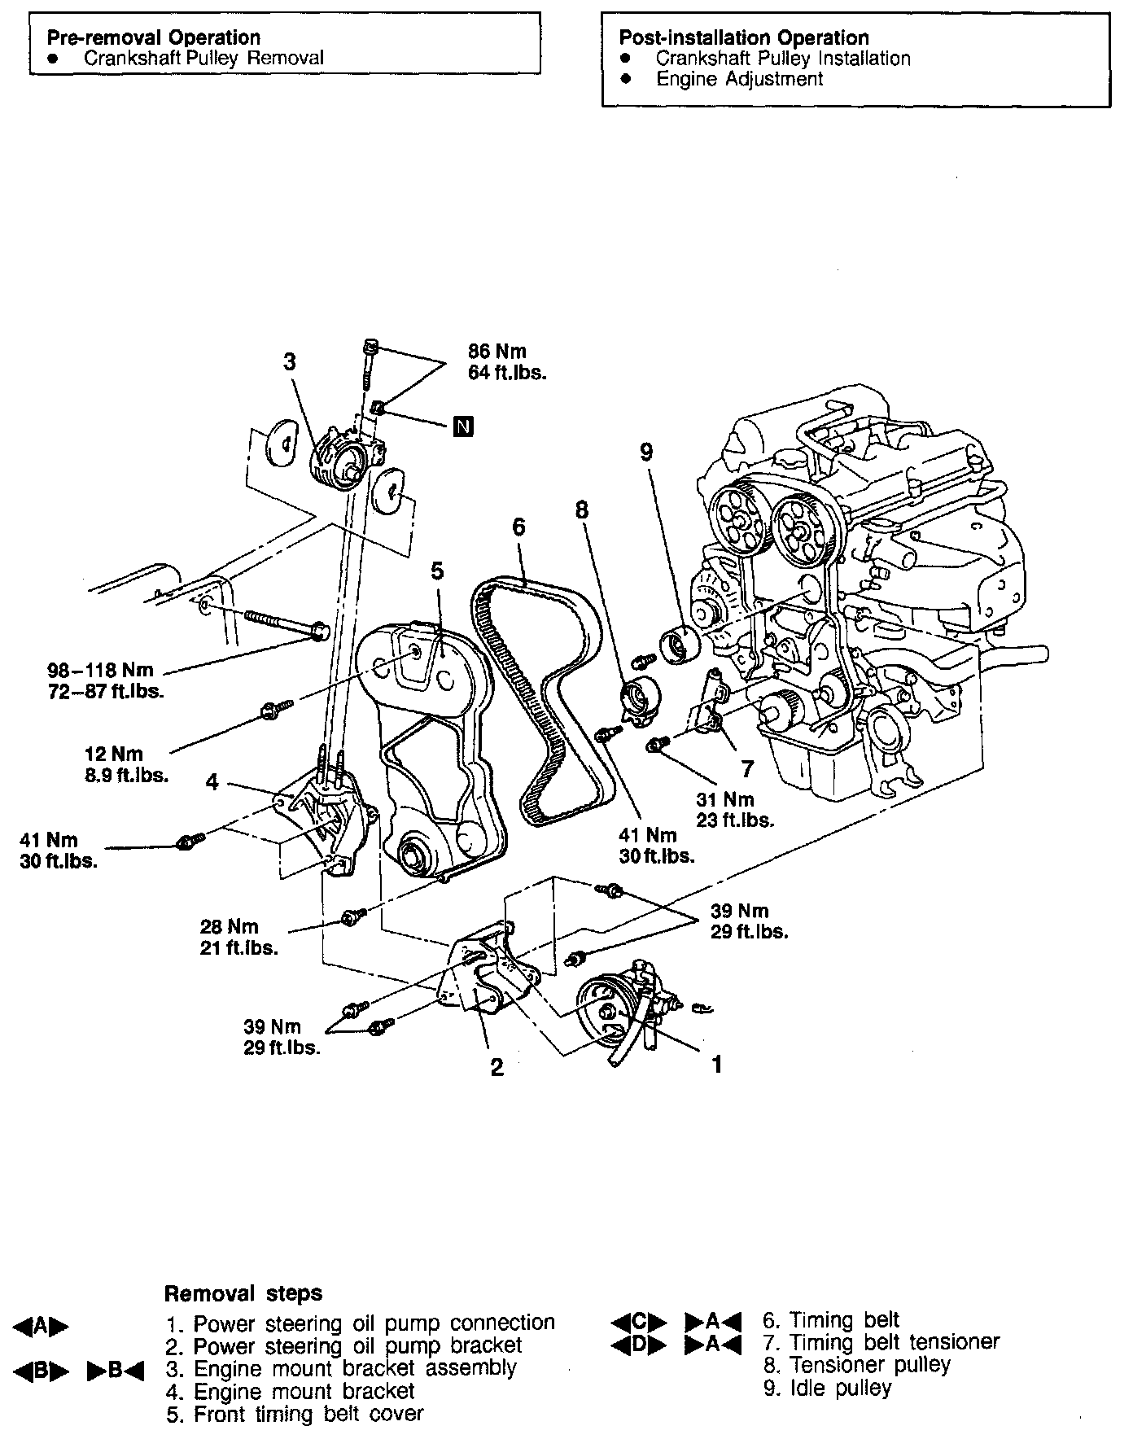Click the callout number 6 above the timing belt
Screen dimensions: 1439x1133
coord(518,527)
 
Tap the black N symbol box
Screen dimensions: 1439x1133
coord(463,426)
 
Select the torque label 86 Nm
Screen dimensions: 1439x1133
coord(497,352)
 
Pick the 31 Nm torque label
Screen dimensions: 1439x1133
coord(724,799)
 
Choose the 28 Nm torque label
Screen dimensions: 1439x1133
coord(229,926)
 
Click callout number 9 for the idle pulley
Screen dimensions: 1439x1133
coord(646,453)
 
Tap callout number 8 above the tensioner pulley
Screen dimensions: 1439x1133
coord(580,510)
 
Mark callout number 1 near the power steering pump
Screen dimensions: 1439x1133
coord(717,1064)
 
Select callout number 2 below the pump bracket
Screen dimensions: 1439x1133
coord(497,1067)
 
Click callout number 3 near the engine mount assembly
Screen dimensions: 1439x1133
coord(290,362)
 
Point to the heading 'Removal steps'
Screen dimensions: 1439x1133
coord(243,1293)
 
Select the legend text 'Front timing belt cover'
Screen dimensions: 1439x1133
coord(308,1415)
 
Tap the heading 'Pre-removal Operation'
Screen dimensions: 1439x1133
coord(153,37)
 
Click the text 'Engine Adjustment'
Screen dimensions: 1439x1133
coord(739,79)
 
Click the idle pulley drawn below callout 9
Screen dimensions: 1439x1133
coord(679,645)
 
